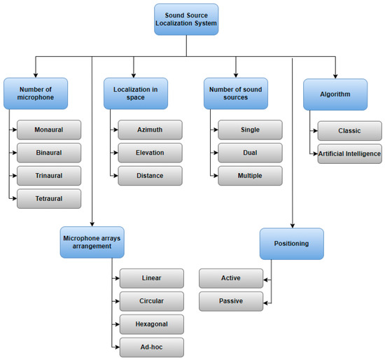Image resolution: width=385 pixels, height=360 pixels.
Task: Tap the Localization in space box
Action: point(136,94)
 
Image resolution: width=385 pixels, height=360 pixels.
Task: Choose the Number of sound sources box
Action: point(237,94)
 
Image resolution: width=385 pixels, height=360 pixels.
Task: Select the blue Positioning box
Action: point(292,244)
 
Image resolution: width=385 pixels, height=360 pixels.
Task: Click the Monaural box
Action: point(49,130)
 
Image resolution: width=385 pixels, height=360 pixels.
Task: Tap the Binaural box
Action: point(49,153)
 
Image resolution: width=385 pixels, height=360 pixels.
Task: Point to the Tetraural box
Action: point(49,199)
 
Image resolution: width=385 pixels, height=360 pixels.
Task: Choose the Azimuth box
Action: point(150,130)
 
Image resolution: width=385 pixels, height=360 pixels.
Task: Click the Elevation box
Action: point(150,153)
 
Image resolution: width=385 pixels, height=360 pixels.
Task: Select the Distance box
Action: point(150,176)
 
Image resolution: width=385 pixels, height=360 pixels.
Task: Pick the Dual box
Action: point(250,153)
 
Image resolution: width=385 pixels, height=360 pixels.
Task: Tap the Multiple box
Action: point(250,176)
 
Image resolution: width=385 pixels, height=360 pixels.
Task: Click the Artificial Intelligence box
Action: point(350,153)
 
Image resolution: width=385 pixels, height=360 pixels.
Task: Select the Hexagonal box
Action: point(151,324)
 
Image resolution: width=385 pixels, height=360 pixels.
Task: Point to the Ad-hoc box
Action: point(151,347)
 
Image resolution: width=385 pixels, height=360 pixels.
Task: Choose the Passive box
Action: point(231,301)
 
